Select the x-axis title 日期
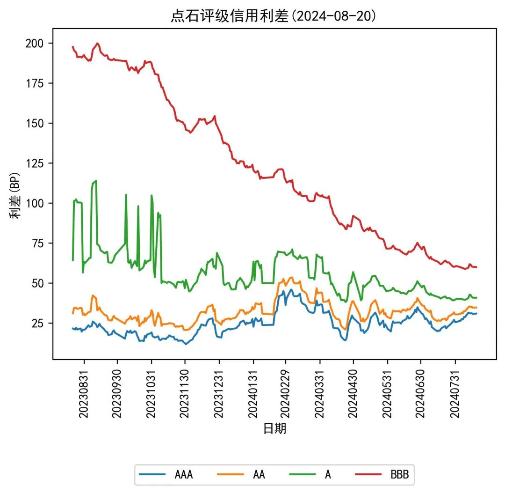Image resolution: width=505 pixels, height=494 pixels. pos(274,428)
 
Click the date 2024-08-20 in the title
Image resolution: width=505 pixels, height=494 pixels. pos(333,16)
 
